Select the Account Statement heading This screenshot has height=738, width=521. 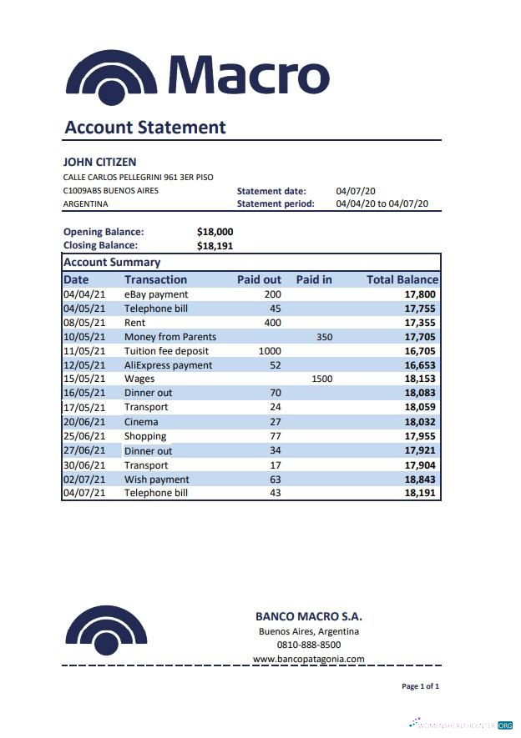tap(145, 128)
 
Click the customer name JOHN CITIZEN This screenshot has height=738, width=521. tap(99, 162)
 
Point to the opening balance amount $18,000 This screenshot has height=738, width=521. tap(215, 232)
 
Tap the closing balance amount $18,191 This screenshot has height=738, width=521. tap(215, 246)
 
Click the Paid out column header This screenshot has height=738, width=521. tap(259, 279)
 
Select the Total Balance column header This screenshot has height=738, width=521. tap(402, 279)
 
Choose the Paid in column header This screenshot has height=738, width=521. tap(314, 279)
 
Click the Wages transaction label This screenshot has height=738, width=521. tap(139, 379)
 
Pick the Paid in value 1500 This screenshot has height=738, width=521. tap(321, 379)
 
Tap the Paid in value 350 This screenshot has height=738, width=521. tap(324, 337)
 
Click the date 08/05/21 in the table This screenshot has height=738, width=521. tap(84, 323)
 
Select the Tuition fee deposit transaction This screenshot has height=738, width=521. tap(166, 351)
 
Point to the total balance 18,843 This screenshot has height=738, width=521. tap(421, 479)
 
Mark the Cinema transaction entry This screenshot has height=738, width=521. tap(141, 422)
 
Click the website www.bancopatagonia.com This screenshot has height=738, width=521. tap(308, 659)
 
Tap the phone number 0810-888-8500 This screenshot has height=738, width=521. tap(308, 645)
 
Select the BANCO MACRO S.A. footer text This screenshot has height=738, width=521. tap(308, 616)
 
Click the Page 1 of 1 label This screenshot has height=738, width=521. tap(420, 686)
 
